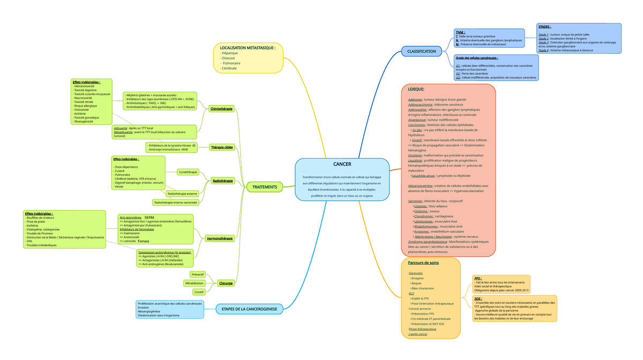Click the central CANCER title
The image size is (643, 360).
click(x=342, y=164)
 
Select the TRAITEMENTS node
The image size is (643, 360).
click(x=264, y=187)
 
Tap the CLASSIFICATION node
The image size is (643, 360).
click(x=421, y=51)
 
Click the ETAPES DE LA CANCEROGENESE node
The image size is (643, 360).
click(x=249, y=309)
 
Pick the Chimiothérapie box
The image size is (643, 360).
click(x=221, y=109)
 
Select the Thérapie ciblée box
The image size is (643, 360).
click(x=222, y=147)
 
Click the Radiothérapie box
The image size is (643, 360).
click(x=222, y=181)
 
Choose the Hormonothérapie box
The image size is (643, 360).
click(x=220, y=238)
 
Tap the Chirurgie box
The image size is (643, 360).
click(x=226, y=283)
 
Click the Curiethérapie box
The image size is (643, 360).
click(x=188, y=172)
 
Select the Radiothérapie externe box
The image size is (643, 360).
click(x=182, y=193)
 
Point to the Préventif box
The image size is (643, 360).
click(x=198, y=274)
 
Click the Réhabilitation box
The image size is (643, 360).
click(x=194, y=283)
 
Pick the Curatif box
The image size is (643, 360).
click(x=199, y=292)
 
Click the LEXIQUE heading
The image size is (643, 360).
click(x=416, y=89)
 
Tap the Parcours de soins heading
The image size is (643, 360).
click(x=423, y=263)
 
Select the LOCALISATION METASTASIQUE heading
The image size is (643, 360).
click(x=248, y=48)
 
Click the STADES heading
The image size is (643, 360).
click(x=544, y=27)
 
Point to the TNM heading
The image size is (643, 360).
click(x=460, y=32)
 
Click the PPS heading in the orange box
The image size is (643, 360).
click(x=478, y=279)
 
